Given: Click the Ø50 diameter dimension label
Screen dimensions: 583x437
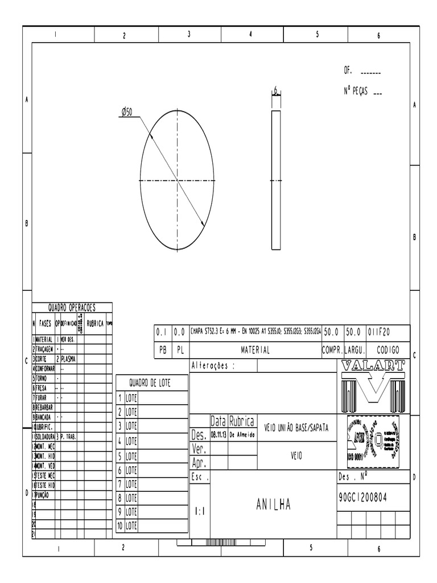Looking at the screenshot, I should pyautogui.click(x=126, y=113).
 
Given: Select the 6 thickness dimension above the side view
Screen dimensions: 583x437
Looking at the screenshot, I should pyautogui.click(x=276, y=91).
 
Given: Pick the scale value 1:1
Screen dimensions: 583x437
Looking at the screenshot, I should pyautogui.click(x=200, y=511).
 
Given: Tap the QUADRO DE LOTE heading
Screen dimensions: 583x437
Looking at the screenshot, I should pyautogui.click(x=151, y=383).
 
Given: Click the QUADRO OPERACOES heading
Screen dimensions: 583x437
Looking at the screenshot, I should pyautogui.click(x=72, y=307).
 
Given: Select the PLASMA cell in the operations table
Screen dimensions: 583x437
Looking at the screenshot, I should pyautogui.click(x=68, y=359).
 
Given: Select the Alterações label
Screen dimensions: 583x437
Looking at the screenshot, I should pyautogui.click(x=213, y=366).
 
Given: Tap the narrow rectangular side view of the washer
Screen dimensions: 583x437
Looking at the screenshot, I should pyautogui.click(x=276, y=180).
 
